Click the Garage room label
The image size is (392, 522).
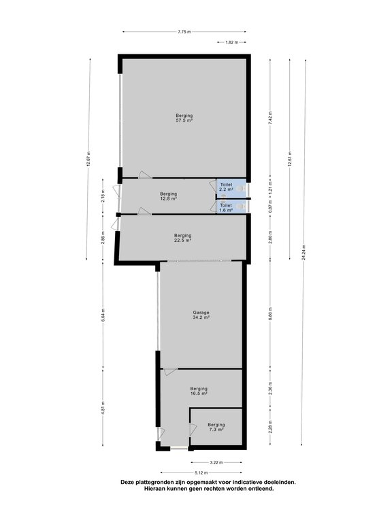pos(201,313)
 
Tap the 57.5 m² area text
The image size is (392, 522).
pos(184,120)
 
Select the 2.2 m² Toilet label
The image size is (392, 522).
pos(226,187)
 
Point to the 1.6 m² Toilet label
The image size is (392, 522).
pos(226,208)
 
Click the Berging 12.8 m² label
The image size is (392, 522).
pos(168,196)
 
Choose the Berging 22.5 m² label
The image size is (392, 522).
pos(182,238)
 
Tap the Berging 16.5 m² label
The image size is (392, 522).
pos(199,391)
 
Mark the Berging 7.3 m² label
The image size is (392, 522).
pos(216,427)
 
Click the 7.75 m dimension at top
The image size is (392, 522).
pos(184,32)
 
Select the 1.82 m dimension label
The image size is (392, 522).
pos(231,42)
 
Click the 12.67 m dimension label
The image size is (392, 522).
pos(88,159)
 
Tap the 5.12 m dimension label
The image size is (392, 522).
pos(201,472)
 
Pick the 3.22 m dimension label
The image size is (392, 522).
pos(216,462)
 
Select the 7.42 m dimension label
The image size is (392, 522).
pos(270,118)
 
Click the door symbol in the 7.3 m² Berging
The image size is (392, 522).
pos(193,430)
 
